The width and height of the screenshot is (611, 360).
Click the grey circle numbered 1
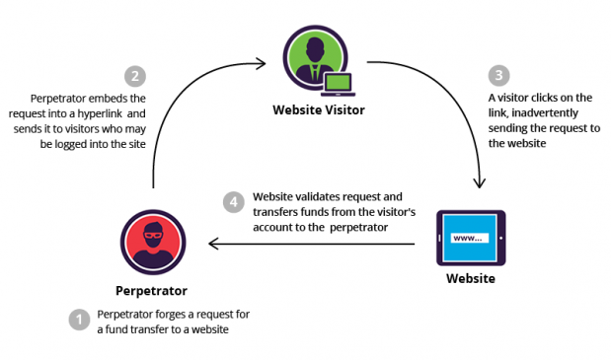tap(78, 320)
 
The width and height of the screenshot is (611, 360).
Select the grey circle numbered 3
tap(500, 75)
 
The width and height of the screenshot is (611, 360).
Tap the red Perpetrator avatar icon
tap(154, 243)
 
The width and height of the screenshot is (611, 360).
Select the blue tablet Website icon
tap(470, 238)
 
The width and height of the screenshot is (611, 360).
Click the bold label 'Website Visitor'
tap(319, 109)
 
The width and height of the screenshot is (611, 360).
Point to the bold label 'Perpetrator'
tap(154, 292)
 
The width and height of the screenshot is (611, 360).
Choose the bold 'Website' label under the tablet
tap(470, 279)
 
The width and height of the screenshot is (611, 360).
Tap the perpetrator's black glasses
tap(154, 234)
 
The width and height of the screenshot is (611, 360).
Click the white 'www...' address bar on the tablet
tap(467, 238)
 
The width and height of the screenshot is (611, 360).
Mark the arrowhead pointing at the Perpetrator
tap(209, 244)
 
